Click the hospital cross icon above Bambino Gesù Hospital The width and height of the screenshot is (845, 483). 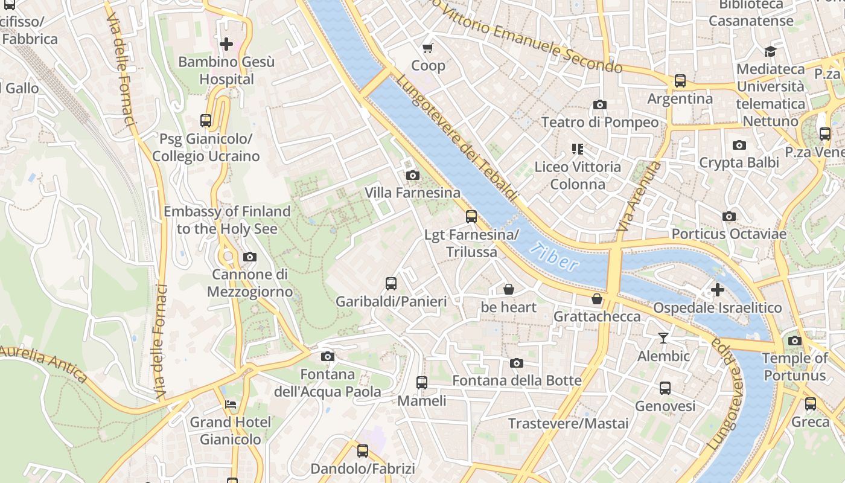pyautogui.click(x=226, y=44)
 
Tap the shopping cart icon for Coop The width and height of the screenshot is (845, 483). pyautogui.click(x=428, y=48)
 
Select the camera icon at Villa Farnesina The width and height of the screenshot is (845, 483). pyautogui.click(x=413, y=176)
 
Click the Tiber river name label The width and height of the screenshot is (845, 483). pyautogui.click(x=554, y=256)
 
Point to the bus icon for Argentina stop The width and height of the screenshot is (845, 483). pyautogui.click(x=680, y=81)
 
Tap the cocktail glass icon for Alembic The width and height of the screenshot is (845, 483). pyautogui.click(x=663, y=338)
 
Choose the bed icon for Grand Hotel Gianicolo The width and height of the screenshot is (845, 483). pyautogui.click(x=231, y=405)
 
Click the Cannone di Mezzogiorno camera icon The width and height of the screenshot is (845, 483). pyautogui.click(x=250, y=257)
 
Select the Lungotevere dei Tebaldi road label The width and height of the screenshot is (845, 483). pyautogui.click(x=456, y=138)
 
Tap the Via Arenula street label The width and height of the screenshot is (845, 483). pyautogui.click(x=631, y=197)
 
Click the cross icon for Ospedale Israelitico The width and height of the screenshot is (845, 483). pyautogui.click(x=718, y=290)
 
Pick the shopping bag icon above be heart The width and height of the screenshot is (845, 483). pyautogui.click(x=509, y=290)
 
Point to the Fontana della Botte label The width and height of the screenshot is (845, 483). pyautogui.click(x=517, y=380)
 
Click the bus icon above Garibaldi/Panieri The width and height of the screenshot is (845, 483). pyautogui.click(x=391, y=284)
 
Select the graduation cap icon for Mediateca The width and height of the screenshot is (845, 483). pyautogui.click(x=770, y=52)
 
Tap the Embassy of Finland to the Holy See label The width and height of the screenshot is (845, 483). pyautogui.click(x=227, y=220)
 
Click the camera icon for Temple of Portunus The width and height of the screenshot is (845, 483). pyautogui.click(x=795, y=341)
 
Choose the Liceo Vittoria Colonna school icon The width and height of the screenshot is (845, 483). pyautogui.click(x=578, y=149)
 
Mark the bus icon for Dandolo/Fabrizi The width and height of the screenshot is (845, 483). pyautogui.click(x=362, y=451)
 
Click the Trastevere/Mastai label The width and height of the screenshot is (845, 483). pyautogui.click(x=568, y=423)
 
